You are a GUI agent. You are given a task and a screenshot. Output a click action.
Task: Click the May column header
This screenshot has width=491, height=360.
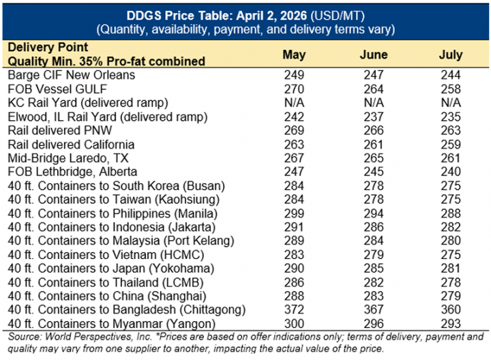[x=294, y=55]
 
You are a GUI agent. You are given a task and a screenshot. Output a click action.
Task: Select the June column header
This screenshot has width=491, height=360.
[x=373, y=55]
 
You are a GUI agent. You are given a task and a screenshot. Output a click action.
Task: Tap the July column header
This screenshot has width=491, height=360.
[x=451, y=55]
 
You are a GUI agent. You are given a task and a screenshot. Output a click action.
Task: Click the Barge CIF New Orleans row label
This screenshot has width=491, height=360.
[x=71, y=74]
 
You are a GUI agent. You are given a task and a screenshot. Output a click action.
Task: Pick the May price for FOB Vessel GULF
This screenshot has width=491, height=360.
[x=294, y=89]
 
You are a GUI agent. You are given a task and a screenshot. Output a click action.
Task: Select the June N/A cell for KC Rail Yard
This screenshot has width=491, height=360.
[x=373, y=102]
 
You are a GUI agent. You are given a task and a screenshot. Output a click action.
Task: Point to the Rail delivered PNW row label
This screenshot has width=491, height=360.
[x=59, y=130]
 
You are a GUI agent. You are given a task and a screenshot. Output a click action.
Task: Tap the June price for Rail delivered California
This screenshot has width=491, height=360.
[x=373, y=145]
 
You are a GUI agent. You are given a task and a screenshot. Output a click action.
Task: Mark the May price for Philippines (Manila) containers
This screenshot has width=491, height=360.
[x=294, y=213]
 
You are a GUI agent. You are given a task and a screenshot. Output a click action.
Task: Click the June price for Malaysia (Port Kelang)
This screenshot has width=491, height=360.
[x=373, y=241]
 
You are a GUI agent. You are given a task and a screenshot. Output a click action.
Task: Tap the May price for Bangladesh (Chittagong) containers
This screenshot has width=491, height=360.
[x=294, y=310]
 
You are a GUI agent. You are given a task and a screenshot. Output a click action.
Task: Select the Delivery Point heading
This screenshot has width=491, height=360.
[x=47, y=48]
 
